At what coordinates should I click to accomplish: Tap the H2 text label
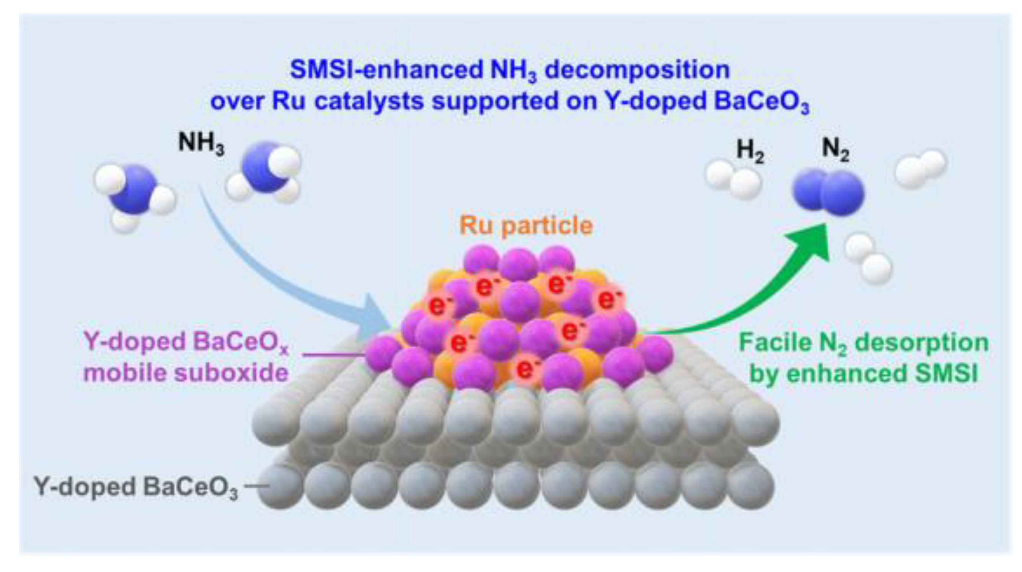pyautogui.click(x=750, y=151)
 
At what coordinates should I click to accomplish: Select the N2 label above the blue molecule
pyautogui.click(x=835, y=150)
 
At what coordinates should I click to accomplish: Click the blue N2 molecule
pyautogui.click(x=829, y=192)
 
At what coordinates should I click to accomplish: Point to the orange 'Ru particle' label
pyautogui.click(x=526, y=226)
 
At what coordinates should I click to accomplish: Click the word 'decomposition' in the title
pyautogui.click(x=637, y=70)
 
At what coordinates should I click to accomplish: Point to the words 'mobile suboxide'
pyautogui.click(x=186, y=373)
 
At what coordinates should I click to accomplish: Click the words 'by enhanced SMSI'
pyautogui.click(x=863, y=373)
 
